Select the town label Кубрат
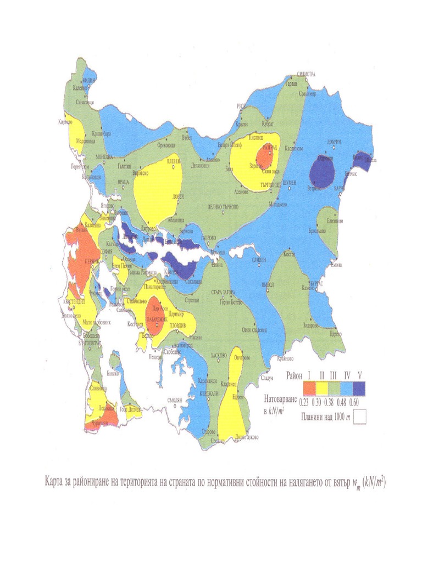coord(268,125)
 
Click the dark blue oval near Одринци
coord(323,171)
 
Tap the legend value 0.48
coord(346,401)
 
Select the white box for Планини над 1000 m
coord(359,417)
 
